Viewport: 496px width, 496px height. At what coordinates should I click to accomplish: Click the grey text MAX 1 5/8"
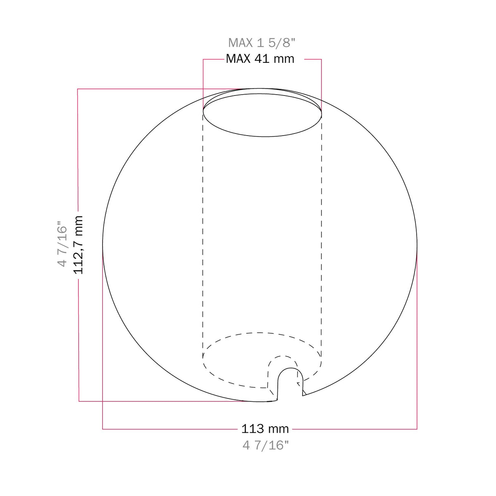pyautogui.click(x=262, y=43)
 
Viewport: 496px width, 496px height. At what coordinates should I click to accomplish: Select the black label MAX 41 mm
pyautogui.click(x=260, y=59)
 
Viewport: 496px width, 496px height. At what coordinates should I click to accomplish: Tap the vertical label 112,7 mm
pyautogui.click(x=79, y=245)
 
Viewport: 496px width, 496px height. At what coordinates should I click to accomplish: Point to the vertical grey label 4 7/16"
pyautogui.click(x=62, y=243)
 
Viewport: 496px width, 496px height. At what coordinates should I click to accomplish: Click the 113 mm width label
pyautogui.click(x=265, y=429)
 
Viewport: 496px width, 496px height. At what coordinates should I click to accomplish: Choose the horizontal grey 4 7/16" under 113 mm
pyautogui.click(x=266, y=445)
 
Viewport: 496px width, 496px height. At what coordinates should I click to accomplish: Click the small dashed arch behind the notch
pyautogui.click(x=283, y=356)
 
